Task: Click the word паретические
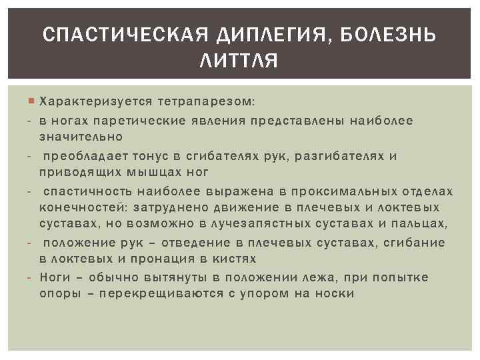coord(131,121)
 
